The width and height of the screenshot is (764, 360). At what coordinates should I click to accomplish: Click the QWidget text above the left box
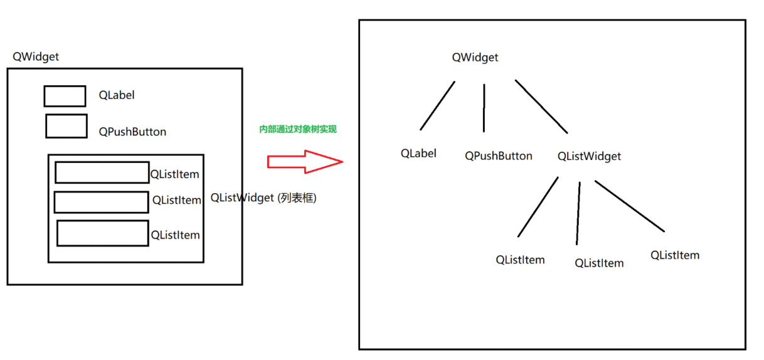[36, 57]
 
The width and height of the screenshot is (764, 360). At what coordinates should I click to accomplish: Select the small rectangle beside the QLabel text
[65, 96]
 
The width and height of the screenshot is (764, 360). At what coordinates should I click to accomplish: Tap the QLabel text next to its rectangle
[117, 95]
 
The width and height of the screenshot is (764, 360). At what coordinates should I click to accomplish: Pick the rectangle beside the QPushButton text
[66, 125]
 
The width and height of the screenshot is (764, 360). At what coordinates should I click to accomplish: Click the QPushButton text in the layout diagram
[132, 132]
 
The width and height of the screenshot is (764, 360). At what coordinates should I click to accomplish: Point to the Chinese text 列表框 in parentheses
[297, 198]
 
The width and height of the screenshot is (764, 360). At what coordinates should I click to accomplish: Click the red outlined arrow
[305, 161]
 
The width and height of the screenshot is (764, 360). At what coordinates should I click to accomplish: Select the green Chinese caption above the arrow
[298, 129]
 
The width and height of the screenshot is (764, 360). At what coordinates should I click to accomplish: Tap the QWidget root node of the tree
[475, 58]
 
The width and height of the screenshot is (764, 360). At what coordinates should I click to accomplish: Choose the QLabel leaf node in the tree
[418, 153]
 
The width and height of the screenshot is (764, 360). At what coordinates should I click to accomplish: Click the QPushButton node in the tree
[498, 156]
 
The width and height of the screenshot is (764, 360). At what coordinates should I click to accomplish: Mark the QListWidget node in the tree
[589, 156]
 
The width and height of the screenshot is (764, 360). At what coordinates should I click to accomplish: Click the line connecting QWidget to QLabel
[437, 105]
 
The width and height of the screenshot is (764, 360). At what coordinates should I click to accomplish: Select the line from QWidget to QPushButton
[484, 108]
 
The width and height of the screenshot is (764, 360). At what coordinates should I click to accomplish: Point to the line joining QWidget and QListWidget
[541, 106]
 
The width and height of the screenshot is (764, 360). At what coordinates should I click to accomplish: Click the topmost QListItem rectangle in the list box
[102, 172]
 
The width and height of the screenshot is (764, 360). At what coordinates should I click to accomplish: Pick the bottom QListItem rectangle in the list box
[103, 233]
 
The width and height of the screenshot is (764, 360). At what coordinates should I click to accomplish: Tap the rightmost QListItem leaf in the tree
[674, 255]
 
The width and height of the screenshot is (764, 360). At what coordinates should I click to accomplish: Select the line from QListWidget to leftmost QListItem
[538, 207]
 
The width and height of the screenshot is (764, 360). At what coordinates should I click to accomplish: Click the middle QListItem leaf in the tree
[599, 263]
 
